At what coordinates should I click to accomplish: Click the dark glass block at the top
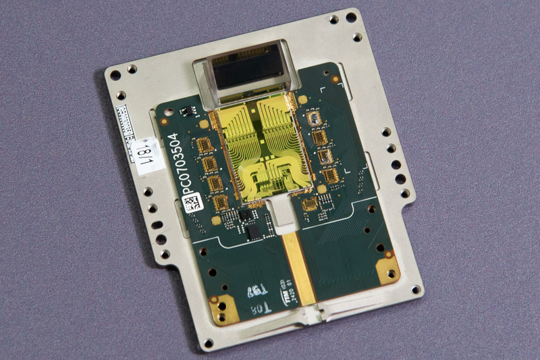pos(246,68)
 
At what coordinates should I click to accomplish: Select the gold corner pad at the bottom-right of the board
pos(387,269)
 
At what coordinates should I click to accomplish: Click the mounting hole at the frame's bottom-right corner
pos(417,290)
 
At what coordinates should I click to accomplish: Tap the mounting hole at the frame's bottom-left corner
pos(207,342)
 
